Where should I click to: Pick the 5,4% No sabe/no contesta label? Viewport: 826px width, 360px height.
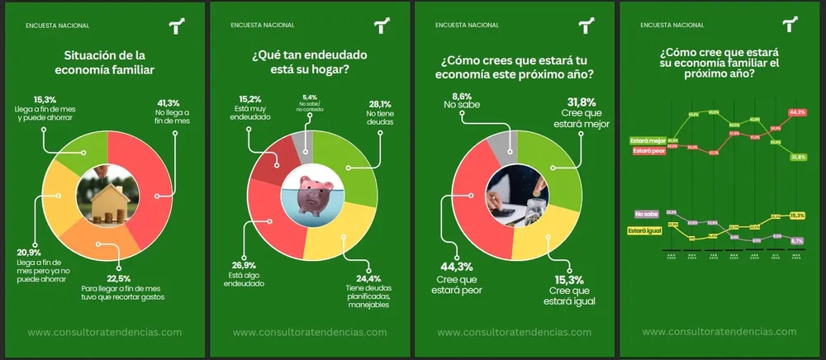point(311,97)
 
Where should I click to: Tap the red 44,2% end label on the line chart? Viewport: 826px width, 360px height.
point(797,111)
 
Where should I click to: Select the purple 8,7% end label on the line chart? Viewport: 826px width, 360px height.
point(797,241)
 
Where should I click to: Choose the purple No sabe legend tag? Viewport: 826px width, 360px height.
point(647,214)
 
